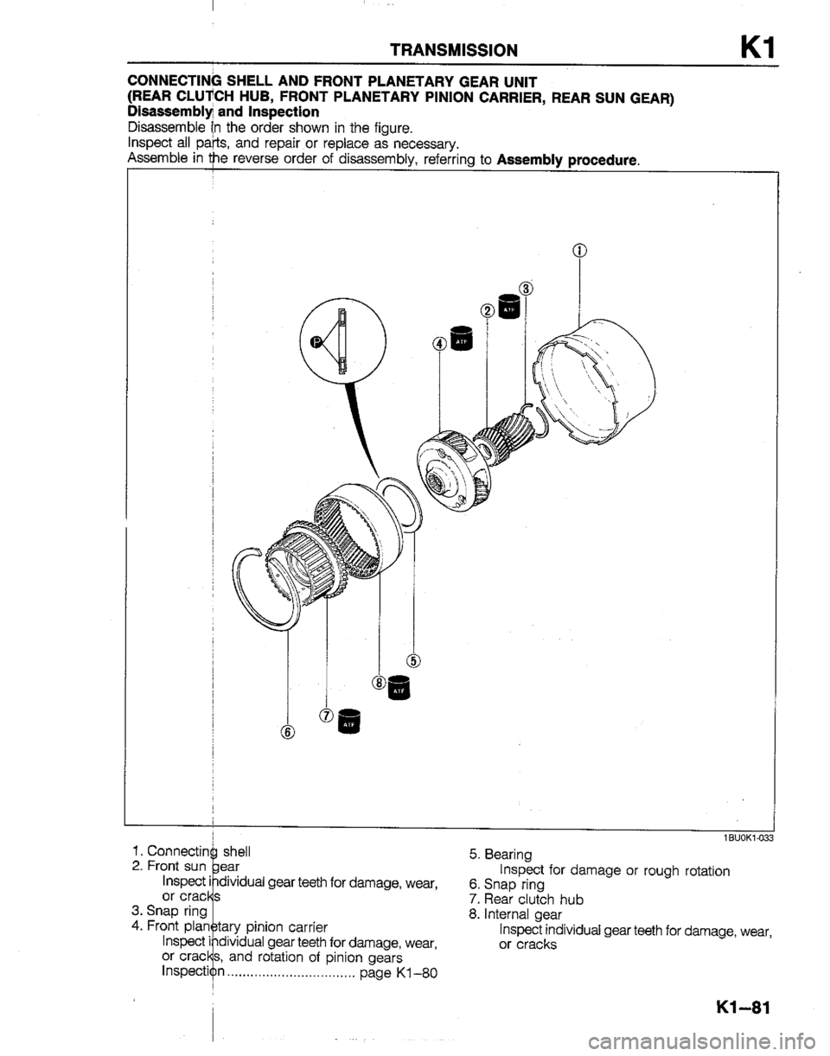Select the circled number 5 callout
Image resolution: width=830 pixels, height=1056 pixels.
coord(414,663)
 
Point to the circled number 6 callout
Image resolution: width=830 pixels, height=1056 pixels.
coord(287,732)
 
